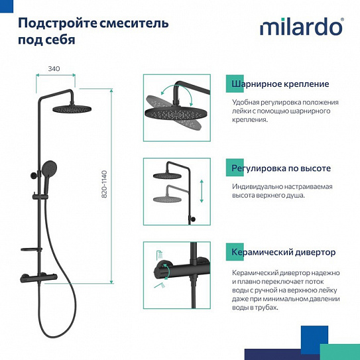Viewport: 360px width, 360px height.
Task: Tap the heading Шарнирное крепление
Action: [x=280, y=84]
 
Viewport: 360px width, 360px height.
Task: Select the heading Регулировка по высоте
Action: [x=281, y=168]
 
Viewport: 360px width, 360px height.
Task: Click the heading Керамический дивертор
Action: [x=283, y=253]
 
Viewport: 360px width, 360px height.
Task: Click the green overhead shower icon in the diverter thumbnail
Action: [x=158, y=253]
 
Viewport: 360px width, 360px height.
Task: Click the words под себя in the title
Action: [x=46, y=39]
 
